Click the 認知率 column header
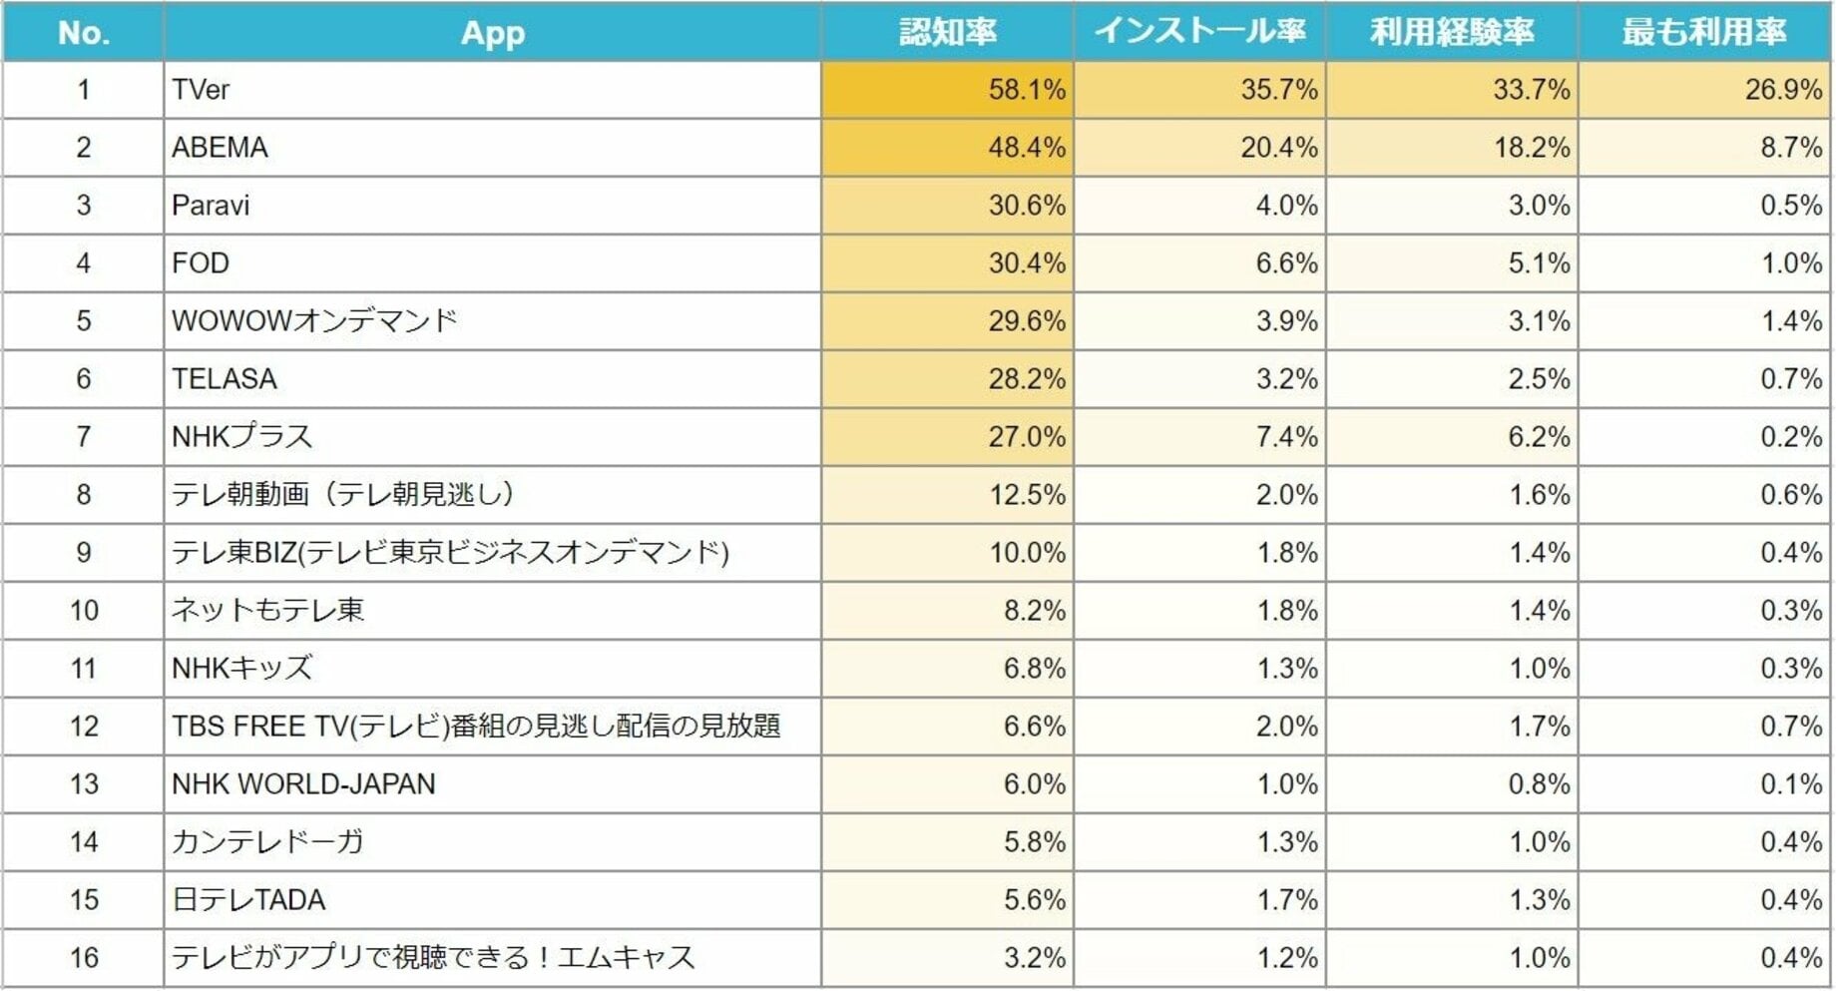(x=947, y=32)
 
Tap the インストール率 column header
(x=1199, y=32)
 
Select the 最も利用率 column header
(x=1703, y=32)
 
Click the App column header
(x=492, y=33)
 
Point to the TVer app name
(x=201, y=90)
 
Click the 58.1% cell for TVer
(x=1026, y=90)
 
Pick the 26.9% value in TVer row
(x=1782, y=90)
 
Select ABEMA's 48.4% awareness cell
(x=1026, y=148)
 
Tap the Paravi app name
(x=211, y=206)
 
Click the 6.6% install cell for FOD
(x=1286, y=263)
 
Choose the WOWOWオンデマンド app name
(x=314, y=321)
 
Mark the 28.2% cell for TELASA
(x=1026, y=379)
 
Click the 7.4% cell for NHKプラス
(x=1286, y=437)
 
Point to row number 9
(x=84, y=553)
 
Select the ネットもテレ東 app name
(x=267, y=611)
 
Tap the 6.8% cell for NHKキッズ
(x=1034, y=669)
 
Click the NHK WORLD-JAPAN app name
(x=303, y=784)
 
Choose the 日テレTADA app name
(x=248, y=900)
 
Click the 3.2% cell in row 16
(x=1034, y=958)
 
